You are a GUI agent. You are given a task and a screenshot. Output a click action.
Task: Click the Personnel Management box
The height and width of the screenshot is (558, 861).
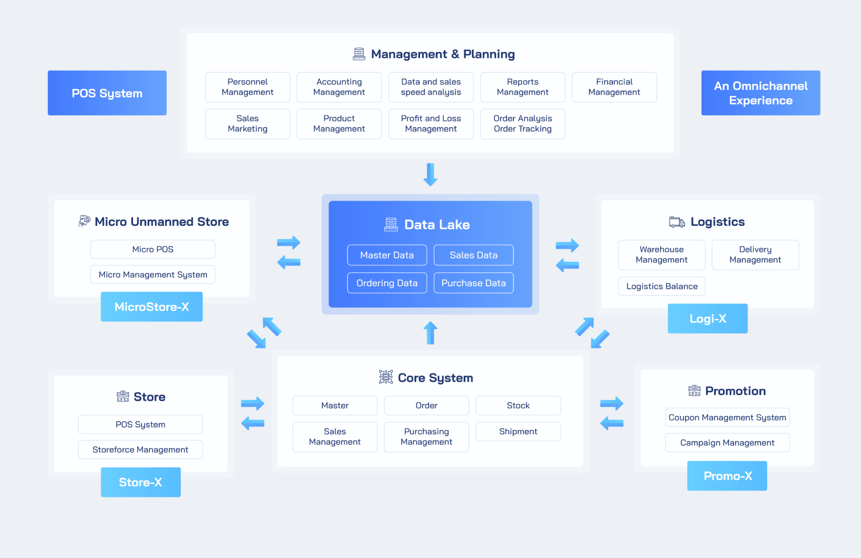pos(247,87)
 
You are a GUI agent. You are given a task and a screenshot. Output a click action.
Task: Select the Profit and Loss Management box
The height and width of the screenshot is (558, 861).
pos(431,124)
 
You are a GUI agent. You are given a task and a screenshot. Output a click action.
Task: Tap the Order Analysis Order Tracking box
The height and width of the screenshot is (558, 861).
pos(523,124)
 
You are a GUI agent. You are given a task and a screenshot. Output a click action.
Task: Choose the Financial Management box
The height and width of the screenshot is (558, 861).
pos(614,87)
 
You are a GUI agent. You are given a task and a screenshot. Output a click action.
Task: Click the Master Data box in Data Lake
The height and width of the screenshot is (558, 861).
pos(387,255)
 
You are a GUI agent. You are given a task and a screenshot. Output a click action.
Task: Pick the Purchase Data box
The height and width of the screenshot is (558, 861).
pos(474,283)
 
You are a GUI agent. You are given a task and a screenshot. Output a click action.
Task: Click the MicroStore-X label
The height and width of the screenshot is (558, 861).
pos(152,307)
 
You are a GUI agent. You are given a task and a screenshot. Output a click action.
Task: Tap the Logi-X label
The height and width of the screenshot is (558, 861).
pos(708,319)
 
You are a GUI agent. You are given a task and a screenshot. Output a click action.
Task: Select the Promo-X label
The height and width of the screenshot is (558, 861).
pos(727,476)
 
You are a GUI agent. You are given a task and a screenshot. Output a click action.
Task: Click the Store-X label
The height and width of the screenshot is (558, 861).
pos(141,482)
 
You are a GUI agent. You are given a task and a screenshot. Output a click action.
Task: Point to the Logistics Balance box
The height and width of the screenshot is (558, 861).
pos(662,286)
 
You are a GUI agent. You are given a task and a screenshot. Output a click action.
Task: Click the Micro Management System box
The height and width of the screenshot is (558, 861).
pos(152,275)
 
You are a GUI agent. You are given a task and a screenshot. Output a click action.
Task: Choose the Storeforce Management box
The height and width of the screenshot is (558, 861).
pos(140,450)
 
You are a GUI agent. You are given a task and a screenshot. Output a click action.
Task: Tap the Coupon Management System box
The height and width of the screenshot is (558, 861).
pos(727,417)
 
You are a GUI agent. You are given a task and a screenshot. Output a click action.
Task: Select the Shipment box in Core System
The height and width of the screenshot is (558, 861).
pos(518,431)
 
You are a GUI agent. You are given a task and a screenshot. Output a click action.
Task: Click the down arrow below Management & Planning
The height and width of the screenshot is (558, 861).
pos(431,175)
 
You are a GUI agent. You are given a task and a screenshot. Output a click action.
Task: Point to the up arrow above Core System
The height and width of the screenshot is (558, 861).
pos(431,333)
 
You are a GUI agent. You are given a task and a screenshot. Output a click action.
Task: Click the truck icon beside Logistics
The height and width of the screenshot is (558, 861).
pos(677,222)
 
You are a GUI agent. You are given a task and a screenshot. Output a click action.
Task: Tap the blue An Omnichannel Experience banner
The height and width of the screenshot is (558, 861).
pos(761,93)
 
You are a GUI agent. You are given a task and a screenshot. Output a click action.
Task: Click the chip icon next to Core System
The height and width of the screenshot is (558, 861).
pos(386,377)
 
